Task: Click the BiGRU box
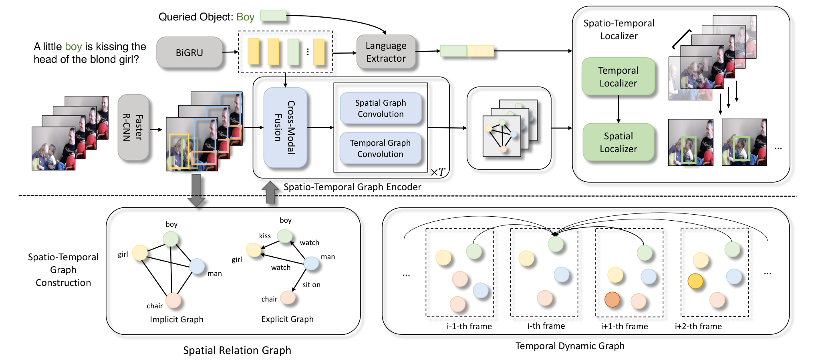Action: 189,52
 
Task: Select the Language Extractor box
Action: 386,52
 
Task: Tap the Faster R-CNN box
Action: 133,128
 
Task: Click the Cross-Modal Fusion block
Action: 285,127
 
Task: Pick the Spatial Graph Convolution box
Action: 381,109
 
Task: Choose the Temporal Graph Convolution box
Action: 380,149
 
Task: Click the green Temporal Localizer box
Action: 618,76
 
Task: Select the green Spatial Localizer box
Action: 618,142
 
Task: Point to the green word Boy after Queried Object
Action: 245,17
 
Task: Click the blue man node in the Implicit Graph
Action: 197,266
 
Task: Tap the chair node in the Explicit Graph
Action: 288,298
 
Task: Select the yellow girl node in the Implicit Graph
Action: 140,253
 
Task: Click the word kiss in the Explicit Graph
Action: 265,236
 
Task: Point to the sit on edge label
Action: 311,285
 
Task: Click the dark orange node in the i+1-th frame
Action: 612,300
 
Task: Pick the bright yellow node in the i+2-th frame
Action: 695,281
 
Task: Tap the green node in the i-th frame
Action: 556,244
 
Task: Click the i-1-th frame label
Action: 469,326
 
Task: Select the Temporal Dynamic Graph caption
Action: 570,346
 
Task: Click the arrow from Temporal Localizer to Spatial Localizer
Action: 619,109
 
